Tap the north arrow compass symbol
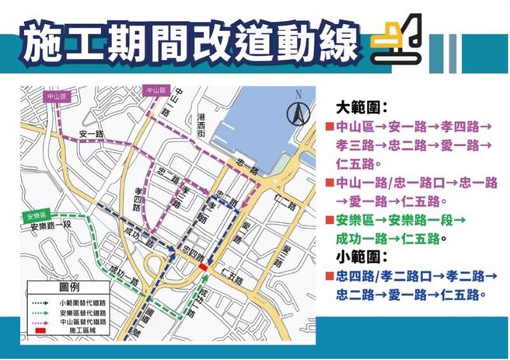click(296, 114)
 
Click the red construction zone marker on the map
click(202, 267)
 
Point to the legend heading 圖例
click(70, 286)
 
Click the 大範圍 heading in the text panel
click(361, 106)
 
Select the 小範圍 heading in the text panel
click(361, 256)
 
